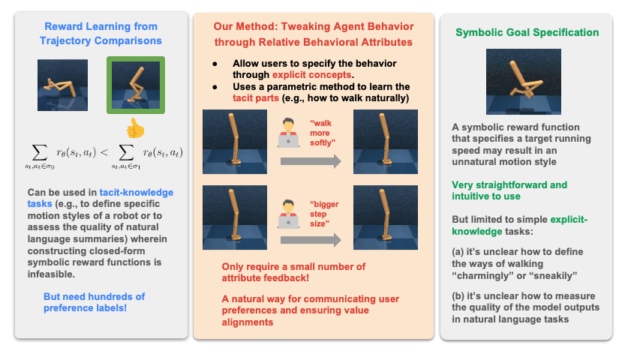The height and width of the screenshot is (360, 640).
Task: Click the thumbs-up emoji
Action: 135,127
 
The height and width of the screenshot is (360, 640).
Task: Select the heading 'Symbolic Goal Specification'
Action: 527,33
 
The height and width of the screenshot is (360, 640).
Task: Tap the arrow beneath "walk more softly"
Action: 309,160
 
